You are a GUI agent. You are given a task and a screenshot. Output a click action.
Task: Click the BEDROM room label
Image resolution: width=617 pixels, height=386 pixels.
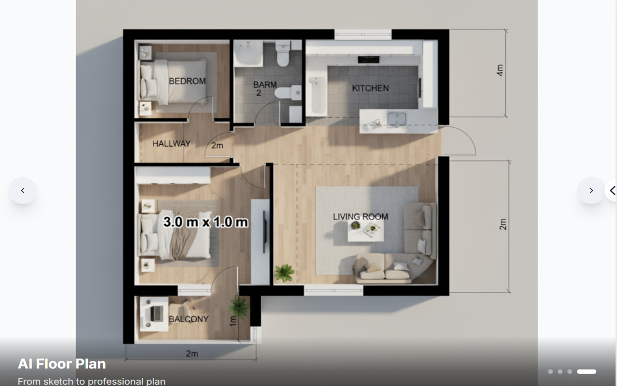tap(188, 81)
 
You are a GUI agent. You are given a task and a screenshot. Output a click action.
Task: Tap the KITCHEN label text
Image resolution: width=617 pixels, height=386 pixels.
tap(371, 88)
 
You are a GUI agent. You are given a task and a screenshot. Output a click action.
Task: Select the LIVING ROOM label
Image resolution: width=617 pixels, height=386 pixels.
tap(361, 217)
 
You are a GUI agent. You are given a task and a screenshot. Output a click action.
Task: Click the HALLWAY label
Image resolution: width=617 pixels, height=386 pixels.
tap(171, 143)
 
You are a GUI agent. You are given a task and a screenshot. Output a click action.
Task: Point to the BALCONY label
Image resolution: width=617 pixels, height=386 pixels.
tap(188, 319)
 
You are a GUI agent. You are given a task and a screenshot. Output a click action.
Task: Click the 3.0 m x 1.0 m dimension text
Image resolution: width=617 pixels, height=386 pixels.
tap(205, 222)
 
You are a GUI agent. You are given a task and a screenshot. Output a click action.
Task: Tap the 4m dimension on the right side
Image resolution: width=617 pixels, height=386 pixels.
tap(500, 70)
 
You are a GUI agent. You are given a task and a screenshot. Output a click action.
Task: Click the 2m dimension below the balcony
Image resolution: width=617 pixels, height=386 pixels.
tap(192, 353)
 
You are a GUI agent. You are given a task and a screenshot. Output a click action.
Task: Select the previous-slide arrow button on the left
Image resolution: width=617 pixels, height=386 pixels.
tap(23, 191)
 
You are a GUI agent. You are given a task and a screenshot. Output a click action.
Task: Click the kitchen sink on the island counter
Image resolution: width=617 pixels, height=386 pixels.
tap(397, 120)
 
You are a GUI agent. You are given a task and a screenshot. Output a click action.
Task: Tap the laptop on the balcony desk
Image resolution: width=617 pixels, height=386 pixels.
tap(156, 314)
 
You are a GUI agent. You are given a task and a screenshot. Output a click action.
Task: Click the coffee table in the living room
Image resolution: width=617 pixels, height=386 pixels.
tap(365, 231)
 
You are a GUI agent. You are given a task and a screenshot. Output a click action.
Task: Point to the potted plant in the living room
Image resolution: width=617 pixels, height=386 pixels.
tap(284, 273)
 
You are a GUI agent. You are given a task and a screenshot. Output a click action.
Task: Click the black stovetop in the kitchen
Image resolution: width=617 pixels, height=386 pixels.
tap(369, 59)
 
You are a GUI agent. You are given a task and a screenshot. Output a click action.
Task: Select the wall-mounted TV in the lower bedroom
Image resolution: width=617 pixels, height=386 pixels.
tap(264, 232)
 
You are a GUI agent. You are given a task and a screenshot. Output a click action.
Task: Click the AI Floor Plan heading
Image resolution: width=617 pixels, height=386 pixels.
tap(62, 364)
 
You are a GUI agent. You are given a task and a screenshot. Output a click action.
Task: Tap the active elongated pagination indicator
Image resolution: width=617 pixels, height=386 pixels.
tap(587, 372)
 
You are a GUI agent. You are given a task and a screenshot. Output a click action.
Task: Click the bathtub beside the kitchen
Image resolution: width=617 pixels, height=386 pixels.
tap(317, 96)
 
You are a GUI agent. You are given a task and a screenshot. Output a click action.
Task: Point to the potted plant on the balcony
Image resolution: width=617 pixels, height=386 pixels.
tap(238, 307)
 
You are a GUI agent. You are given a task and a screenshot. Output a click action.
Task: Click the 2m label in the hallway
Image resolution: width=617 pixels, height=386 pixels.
tap(217, 145)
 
